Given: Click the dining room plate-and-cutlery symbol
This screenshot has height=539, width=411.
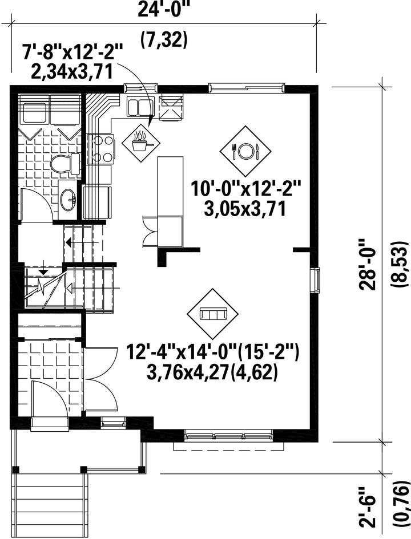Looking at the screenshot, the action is pyautogui.click(x=245, y=151).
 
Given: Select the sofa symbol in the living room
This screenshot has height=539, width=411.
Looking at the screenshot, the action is pyautogui.click(x=212, y=314).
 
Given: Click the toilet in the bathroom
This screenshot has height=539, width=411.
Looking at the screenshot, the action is pyautogui.click(x=66, y=163).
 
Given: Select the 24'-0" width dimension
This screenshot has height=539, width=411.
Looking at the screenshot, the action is pyautogui.click(x=164, y=9).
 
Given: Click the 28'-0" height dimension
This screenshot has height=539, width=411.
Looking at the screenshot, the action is pyautogui.click(x=368, y=265).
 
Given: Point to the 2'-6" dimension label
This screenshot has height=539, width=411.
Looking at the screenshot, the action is pyautogui.click(x=367, y=509).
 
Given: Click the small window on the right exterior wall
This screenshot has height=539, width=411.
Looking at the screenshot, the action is pyautogui.click(x=316, y=280).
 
